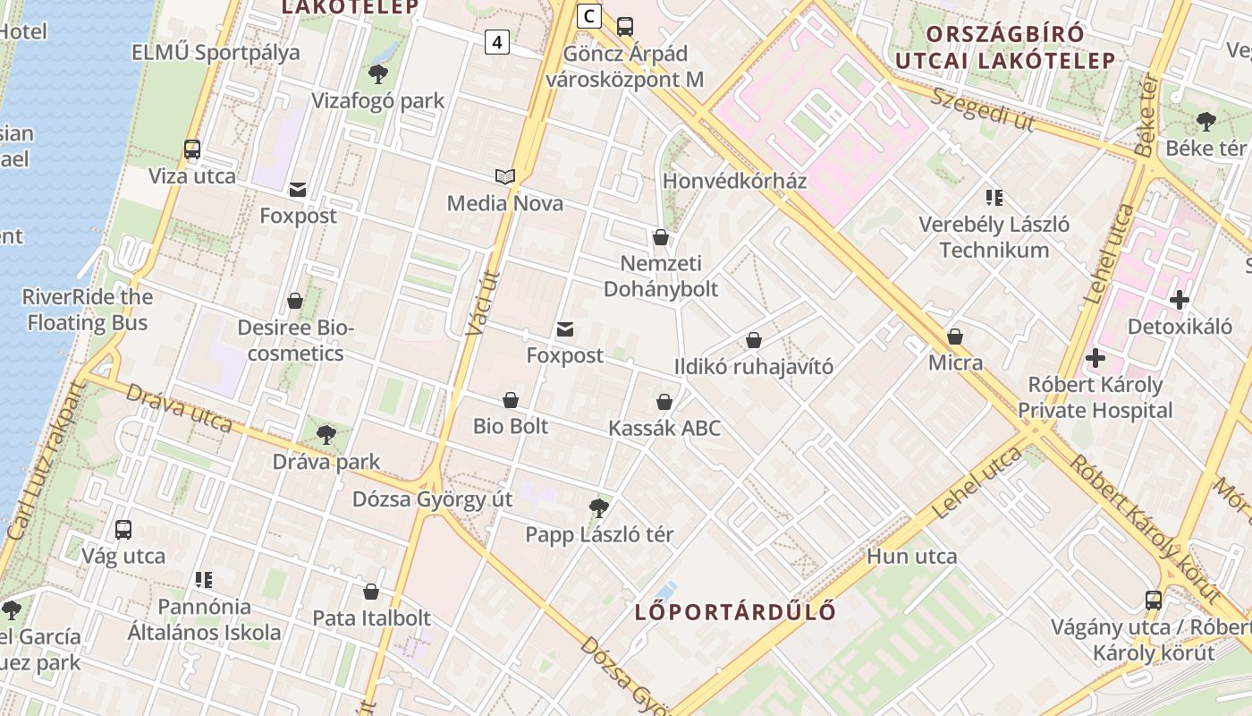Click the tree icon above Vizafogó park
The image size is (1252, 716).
(x=378, y=74)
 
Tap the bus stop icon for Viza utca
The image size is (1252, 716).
(x=192, y=149)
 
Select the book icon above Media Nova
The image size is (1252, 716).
(x=505, y=177)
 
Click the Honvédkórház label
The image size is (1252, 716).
(x=734, y=182)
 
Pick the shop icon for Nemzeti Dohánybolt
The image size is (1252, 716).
(x=661, y=237)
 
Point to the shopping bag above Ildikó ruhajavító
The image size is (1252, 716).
(x=754, y=340)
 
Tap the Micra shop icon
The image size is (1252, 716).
(x=955, y=337)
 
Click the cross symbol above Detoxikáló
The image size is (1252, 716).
(x=1180, y=300)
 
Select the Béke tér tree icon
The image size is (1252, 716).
(x=1205, y=122)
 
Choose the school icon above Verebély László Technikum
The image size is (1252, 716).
(x=994, y=197)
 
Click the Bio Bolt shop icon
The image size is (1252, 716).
(x=511, y=399)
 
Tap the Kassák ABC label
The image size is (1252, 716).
(x=664, y=429)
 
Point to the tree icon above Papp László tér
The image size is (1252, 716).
(x=599, y=508)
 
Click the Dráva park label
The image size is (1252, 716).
(x=326, y=463)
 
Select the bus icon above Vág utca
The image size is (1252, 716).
(x=123, y=529)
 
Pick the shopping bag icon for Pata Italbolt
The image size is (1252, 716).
(x=371, y=592)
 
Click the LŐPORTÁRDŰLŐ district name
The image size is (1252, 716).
(x=735, y=612)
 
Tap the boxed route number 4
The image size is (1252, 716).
(x=497, y=41)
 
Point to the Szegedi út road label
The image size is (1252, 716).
(x=981, y=109)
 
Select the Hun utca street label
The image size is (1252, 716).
(x=911, y=557)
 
